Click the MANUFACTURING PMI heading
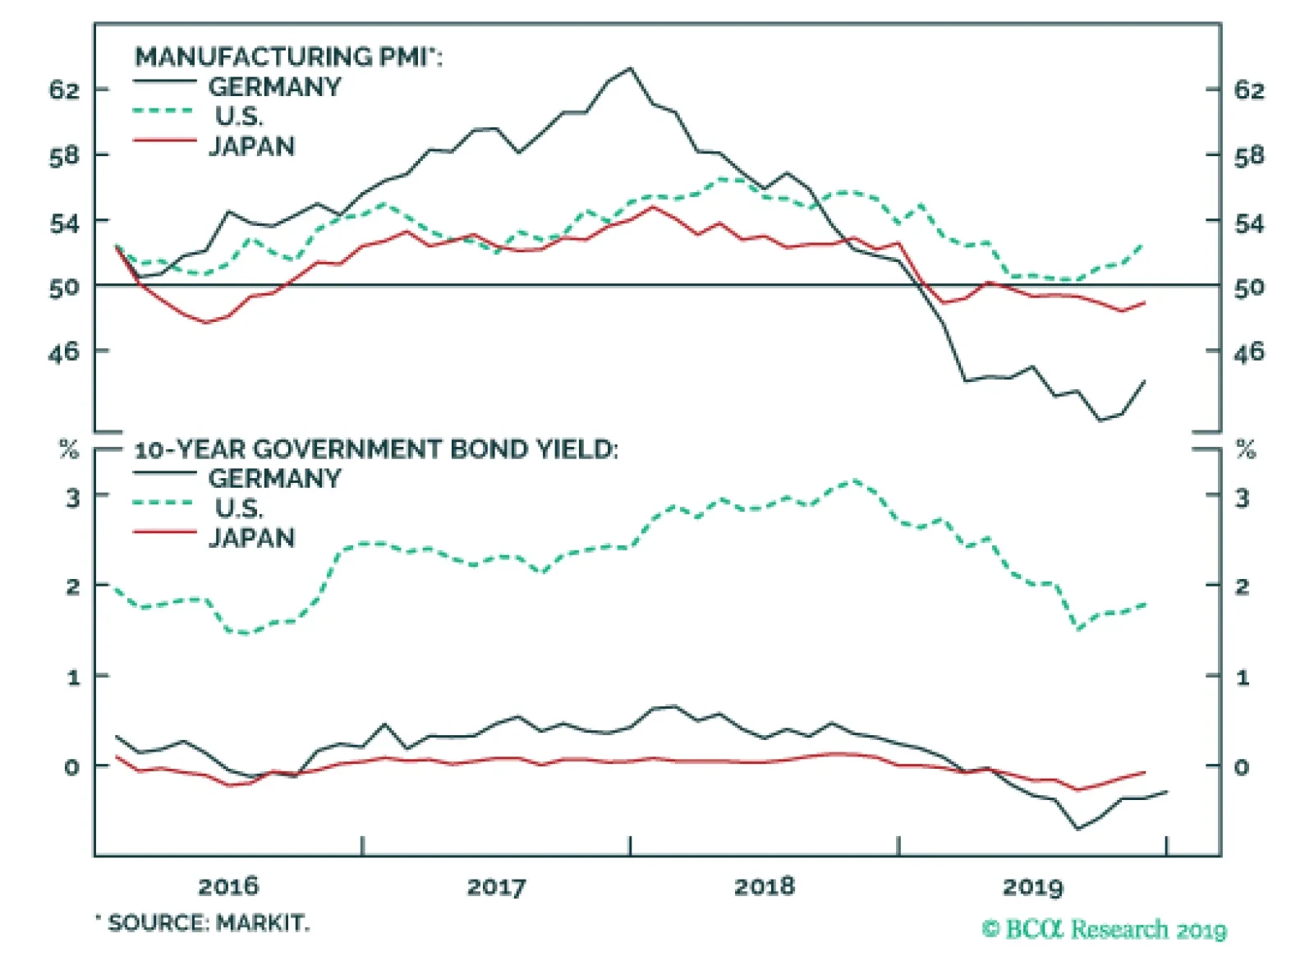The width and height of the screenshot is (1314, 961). coord(287,57)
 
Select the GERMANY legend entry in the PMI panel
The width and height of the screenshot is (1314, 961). coord(274,86)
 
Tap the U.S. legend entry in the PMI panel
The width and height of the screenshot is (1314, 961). coord(239,116)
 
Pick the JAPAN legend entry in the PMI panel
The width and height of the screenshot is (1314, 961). coord(251,146)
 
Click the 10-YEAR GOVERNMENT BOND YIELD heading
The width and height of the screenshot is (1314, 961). coord(375,449)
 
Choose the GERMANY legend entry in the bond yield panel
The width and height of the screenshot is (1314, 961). coord(274,478)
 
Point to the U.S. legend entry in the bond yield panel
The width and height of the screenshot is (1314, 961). coord(239,508)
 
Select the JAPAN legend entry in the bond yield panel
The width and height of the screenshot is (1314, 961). coord(251,538)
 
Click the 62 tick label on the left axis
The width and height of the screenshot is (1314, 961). coord(64,90)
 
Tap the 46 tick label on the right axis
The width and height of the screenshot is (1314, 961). coord(1249,352)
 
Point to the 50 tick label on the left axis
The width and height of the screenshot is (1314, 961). coord(64,287)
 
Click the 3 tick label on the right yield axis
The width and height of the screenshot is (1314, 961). coord(1242,497)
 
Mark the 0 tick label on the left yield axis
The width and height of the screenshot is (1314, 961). coord(72,767)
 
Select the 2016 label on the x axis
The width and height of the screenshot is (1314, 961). coord(227,886)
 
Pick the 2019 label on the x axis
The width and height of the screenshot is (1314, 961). coord(1032,886)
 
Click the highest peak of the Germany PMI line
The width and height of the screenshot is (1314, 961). coord(630,69)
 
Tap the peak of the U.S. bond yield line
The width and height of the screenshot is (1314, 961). coord(854,480)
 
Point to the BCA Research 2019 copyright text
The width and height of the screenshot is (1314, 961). coord(1104,929)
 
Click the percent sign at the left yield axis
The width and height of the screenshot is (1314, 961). coord(69,449)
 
